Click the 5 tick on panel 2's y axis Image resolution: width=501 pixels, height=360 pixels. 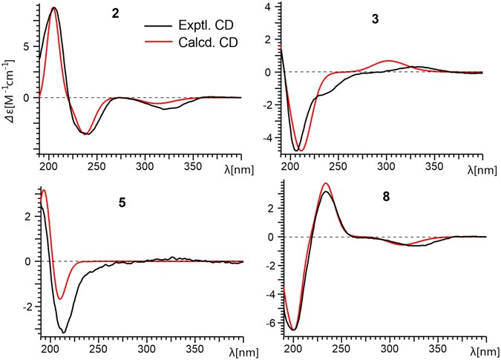[x=27, y=45]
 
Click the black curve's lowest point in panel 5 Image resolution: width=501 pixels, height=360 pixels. [x=65, y=332]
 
